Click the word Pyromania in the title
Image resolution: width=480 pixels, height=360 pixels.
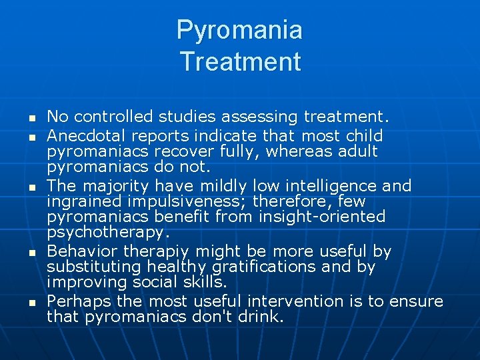(x=239, y=30)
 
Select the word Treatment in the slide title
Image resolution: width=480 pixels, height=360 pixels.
(x=240, y=61)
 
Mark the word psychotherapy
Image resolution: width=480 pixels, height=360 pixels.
(x=105, y=232)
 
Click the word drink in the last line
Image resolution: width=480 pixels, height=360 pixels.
(x=261, y=317)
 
